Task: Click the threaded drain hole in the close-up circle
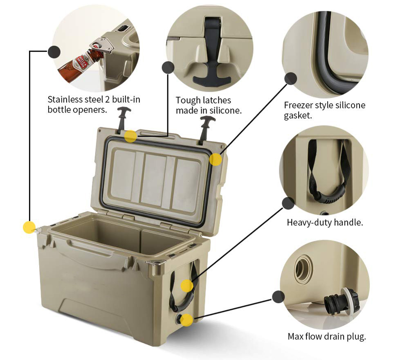click(304, 268)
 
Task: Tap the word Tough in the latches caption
click(188, 101)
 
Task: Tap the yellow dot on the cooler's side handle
click(187, 286)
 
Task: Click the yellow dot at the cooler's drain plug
click(187, 320)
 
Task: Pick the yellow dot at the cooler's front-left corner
click(29, 227)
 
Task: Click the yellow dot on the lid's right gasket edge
click(216, 160)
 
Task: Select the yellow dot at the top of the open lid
click(130, 136)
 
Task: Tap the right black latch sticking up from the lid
click(206, 130)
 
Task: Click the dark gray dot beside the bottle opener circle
click(54, 52)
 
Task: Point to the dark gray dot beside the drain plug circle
click(278, 297)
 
